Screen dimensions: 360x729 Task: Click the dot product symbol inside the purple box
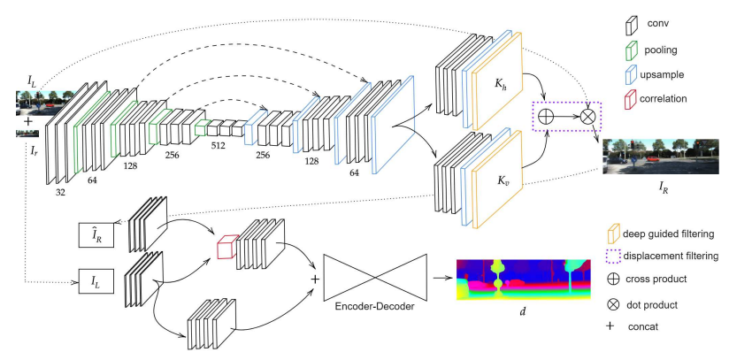(587, 116)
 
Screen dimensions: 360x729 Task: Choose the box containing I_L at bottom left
(96, 283)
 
